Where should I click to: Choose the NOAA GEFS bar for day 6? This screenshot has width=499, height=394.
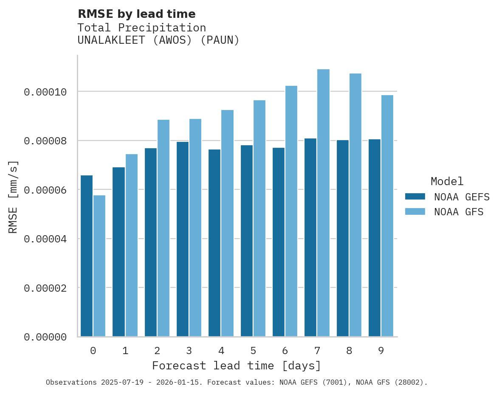click(279, 242)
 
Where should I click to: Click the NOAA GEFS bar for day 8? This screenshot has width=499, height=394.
click(343, 238)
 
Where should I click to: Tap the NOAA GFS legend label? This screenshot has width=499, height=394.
click(459, 212)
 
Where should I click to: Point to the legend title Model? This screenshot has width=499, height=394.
click(447, 181)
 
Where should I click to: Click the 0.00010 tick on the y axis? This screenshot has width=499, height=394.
click(45, 92)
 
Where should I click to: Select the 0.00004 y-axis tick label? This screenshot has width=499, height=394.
click(45, 239)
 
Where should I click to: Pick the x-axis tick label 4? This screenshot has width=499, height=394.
click(221, 351)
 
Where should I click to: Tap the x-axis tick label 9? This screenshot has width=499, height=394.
click(381, 351)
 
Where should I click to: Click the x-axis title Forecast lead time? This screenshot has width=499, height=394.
click(237, 366)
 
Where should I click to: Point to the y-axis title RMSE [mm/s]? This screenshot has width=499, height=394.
click(13, 197)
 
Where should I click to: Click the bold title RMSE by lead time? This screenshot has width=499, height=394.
click(136, 14)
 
